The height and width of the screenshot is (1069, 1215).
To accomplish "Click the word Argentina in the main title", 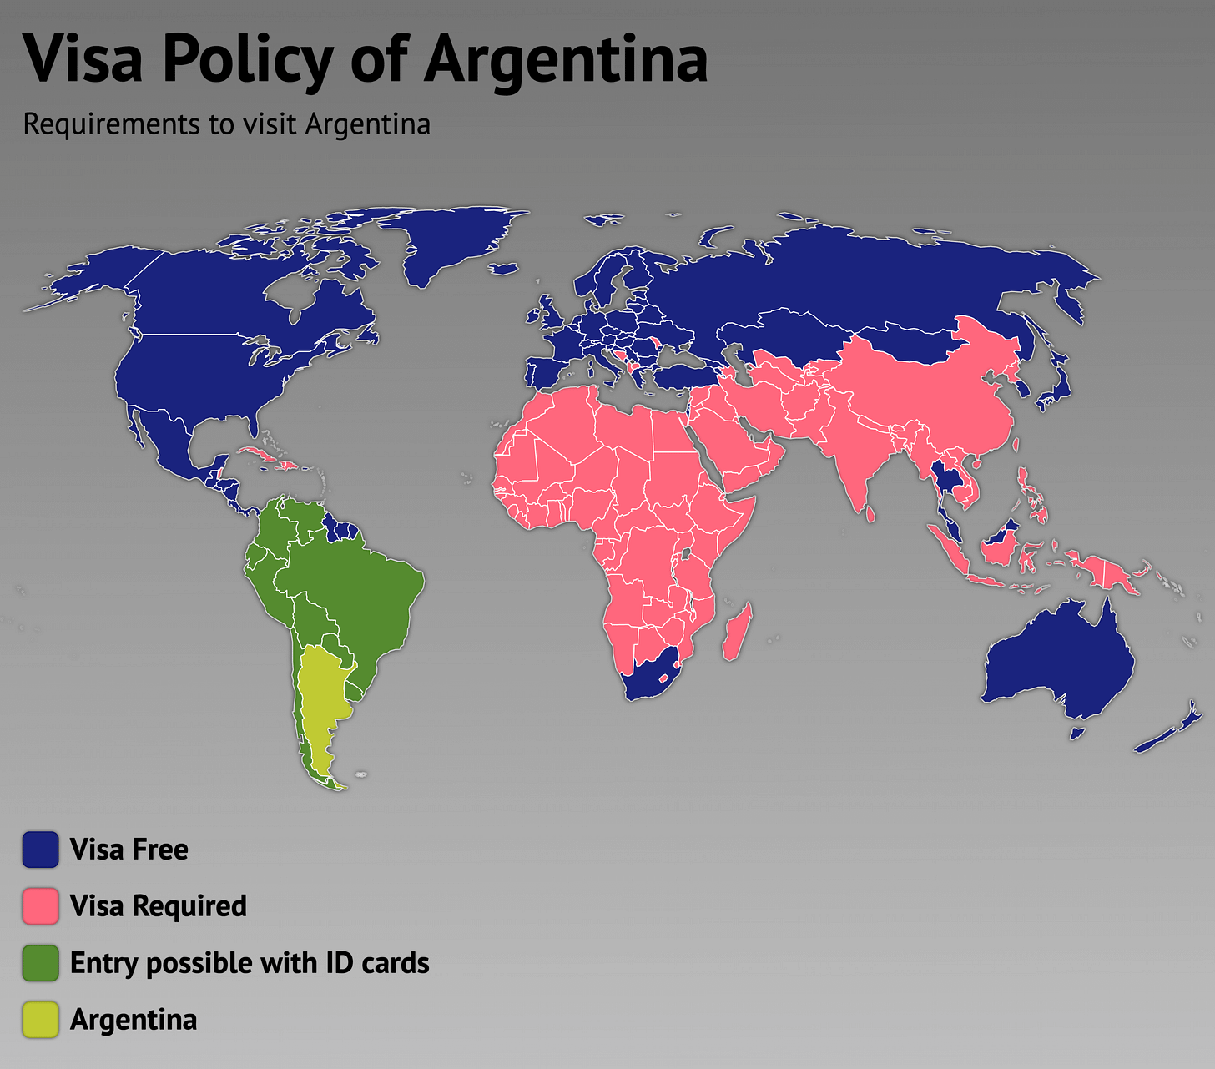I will pyautogui.click(x=567, y=60).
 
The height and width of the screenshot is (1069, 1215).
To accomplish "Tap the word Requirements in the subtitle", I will pyautogui.click(x=111, y=124).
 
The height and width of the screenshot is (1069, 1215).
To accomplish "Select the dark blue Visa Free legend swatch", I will pyautogui.click(x=40, y=850).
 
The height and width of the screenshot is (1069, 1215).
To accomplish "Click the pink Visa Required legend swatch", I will pyautogui.click(x=40, y=906).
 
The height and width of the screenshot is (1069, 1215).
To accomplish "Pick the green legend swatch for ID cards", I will pyautogui.click(x=40, y=963).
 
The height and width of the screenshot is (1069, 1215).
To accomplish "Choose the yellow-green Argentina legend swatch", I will pyautogui.click(x=40, y=1020).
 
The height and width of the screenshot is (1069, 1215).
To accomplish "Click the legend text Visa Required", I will pyautogui.click(x=158, y=906).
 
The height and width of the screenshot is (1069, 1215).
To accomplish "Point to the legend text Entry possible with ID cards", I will pyautogui.click(x=249, y=963).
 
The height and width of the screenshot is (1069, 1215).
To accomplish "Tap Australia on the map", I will pyautogui.click(x=1060, y=659).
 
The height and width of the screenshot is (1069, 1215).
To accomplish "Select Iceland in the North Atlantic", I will pyautogui.click(x=503, y=270).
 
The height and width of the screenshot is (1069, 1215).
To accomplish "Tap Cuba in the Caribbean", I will pyautogui.click(x=255, y=456).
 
